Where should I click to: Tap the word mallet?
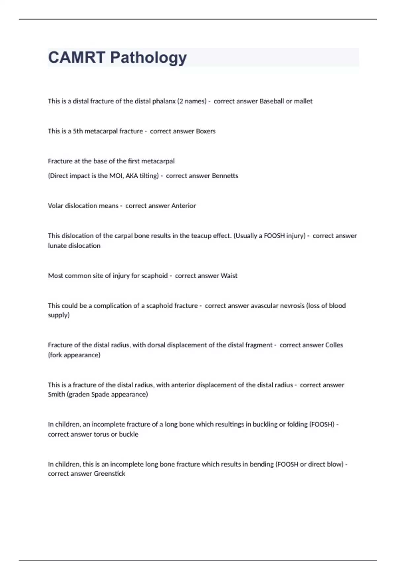[303, 101]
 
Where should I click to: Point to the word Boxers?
[206, 131]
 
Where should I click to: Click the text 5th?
[78, 131]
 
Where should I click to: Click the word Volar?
[55, 206]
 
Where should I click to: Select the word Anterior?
[184, 206]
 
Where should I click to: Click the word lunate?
[57, 246]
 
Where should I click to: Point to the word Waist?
[229, 276]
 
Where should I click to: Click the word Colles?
[334, 345]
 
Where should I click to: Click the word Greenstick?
[109, 474]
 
